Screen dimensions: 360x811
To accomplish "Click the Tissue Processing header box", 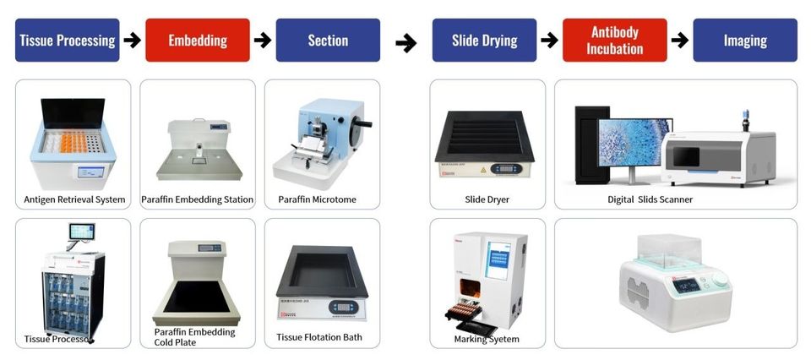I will tap(68, 41).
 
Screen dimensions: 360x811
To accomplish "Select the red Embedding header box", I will tap(198, 41).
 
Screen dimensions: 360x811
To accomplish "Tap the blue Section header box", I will tap(328, 41).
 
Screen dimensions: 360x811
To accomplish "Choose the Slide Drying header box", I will tap(485, 41).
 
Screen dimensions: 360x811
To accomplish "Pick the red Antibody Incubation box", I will tap(615, 41).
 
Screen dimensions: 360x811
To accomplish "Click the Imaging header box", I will tap(745, 41).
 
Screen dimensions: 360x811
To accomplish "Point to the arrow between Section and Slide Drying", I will tap(406, 42).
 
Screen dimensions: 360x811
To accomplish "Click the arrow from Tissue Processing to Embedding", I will tap(132, 40).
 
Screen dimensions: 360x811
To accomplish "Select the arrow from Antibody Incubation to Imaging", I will tap(680, 40).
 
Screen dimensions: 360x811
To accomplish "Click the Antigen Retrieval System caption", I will tap(74, 200).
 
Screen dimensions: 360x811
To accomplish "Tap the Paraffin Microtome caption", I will tap(317, 200).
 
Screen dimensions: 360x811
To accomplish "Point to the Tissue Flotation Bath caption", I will tap(319, 337).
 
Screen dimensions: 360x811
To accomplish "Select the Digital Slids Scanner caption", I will tap(650, 200).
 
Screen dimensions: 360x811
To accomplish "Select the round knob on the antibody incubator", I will tap(721, 279).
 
